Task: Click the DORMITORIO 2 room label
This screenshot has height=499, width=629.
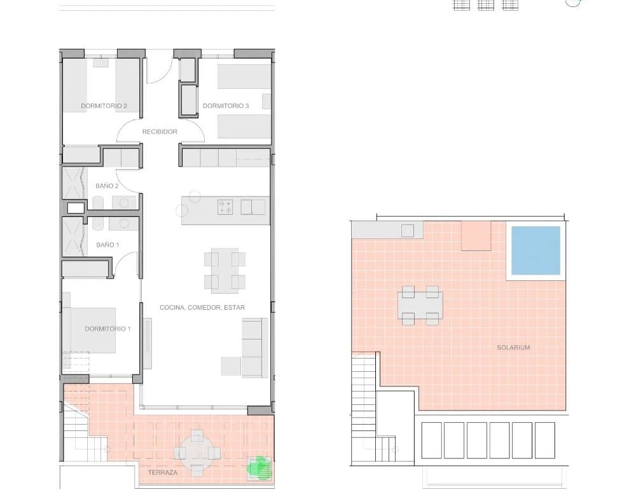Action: tap(104, 106)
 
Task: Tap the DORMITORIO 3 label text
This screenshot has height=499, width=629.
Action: tap(226, 106)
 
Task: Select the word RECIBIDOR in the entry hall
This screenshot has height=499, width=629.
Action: tap(160, 132)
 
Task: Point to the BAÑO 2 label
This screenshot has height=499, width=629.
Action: tap(107, 186)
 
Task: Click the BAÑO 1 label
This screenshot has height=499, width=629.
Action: tap(107, 245)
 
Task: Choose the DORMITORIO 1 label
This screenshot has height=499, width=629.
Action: tap(107, 329)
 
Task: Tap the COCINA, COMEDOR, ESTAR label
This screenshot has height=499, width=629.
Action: tap(202, 308)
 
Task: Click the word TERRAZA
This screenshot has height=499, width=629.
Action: tap(162, 472)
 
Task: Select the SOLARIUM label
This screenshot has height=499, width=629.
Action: tap(513, 348)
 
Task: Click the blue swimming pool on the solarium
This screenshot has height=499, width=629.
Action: tap(536, 250)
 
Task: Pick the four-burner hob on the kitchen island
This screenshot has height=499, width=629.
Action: tap(225, 207)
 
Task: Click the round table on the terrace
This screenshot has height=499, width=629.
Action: tap(197, 453)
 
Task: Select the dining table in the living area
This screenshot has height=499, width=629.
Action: tap(225, 271)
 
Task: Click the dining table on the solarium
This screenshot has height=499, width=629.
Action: tap(420, 305)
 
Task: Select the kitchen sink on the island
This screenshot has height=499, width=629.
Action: tap(252, 207)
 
